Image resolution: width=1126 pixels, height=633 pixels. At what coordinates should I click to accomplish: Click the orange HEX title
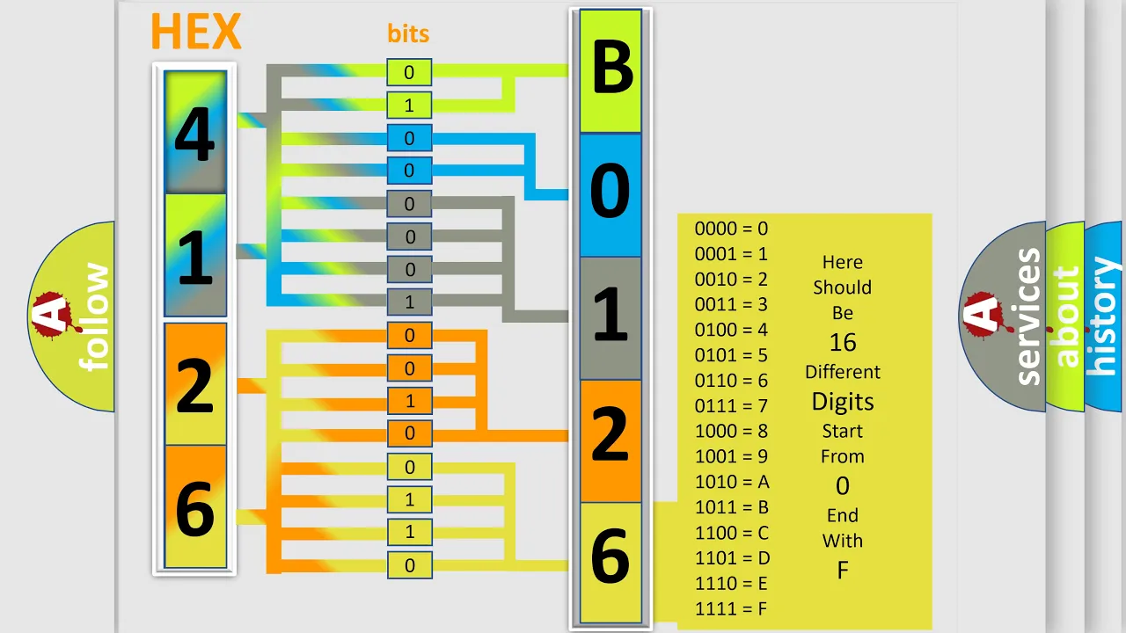click(196, 31)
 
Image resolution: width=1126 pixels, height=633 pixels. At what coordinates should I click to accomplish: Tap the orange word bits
click(408, 33)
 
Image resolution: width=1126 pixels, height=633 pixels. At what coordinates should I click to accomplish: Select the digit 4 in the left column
click(194, 135)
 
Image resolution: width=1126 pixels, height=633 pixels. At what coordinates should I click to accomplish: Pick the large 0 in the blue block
click(610, 191)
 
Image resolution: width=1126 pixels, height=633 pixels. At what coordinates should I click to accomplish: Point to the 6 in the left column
click(195, 508)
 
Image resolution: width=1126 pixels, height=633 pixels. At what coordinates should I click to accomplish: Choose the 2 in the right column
click(610, 434)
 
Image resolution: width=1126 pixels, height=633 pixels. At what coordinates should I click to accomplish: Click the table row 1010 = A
click(732, 482)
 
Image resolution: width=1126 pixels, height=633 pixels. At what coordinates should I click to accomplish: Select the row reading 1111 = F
click(731, 609)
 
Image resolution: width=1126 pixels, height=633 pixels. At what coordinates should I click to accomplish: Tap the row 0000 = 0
click(731, 229)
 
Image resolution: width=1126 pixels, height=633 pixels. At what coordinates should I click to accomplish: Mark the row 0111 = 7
click(731, 406)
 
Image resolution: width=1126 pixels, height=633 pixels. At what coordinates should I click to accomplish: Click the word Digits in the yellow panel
click(843, 403)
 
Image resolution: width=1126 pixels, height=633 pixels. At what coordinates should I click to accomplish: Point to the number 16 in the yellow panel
click(843, 343)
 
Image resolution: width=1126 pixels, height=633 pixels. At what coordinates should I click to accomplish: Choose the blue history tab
click(1104, 316)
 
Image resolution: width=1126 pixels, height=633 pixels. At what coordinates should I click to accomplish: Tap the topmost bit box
click(409, 72)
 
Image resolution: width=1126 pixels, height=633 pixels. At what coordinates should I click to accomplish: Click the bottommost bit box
click(409, 565)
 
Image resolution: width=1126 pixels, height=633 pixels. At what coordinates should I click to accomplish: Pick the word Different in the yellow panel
click(843, 372)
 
